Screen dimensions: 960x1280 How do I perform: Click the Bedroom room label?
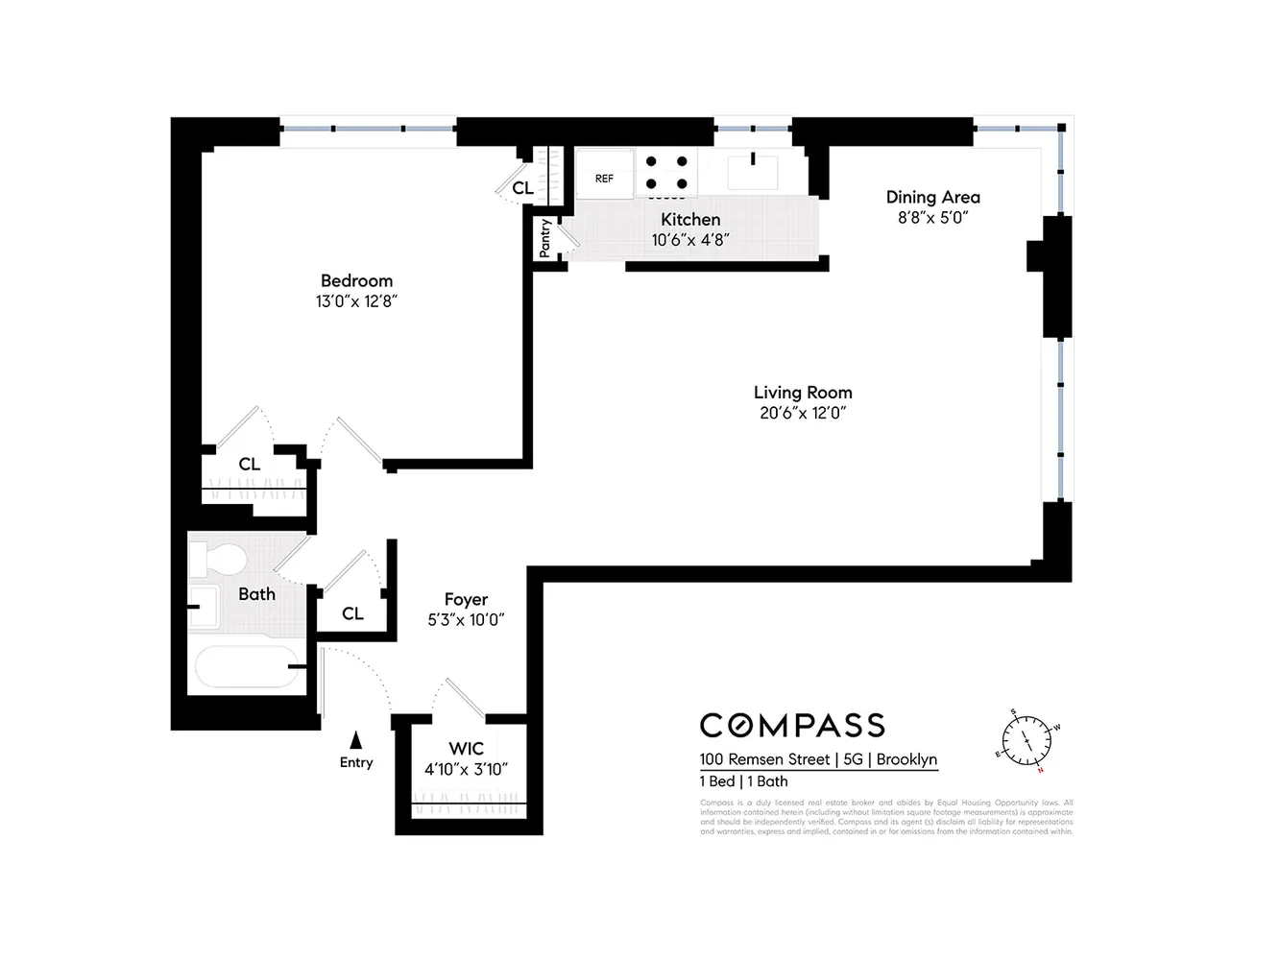356,280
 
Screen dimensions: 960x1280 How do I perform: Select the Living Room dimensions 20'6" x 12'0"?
803,414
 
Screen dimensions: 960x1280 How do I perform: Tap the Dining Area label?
932,197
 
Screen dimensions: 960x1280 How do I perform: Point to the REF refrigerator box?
604,178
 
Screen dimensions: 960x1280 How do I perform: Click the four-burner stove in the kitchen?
666,173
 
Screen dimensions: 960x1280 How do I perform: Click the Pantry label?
545,237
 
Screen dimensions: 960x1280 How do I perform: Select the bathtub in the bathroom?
246,666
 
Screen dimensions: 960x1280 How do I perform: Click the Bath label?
256,594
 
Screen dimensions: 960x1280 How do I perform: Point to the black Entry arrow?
355,740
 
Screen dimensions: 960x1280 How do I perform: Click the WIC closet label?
466,749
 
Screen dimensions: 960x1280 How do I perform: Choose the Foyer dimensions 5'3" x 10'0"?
466,620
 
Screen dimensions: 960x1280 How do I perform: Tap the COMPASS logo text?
792,725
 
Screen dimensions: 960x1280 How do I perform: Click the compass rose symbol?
1027,741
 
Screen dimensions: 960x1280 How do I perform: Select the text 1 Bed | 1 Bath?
743,781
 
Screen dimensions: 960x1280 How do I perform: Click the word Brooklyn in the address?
906,759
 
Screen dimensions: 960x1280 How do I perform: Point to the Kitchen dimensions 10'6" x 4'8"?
690,240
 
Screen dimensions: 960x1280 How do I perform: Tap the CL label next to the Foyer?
352,613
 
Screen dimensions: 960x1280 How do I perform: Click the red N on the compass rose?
1040,770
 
